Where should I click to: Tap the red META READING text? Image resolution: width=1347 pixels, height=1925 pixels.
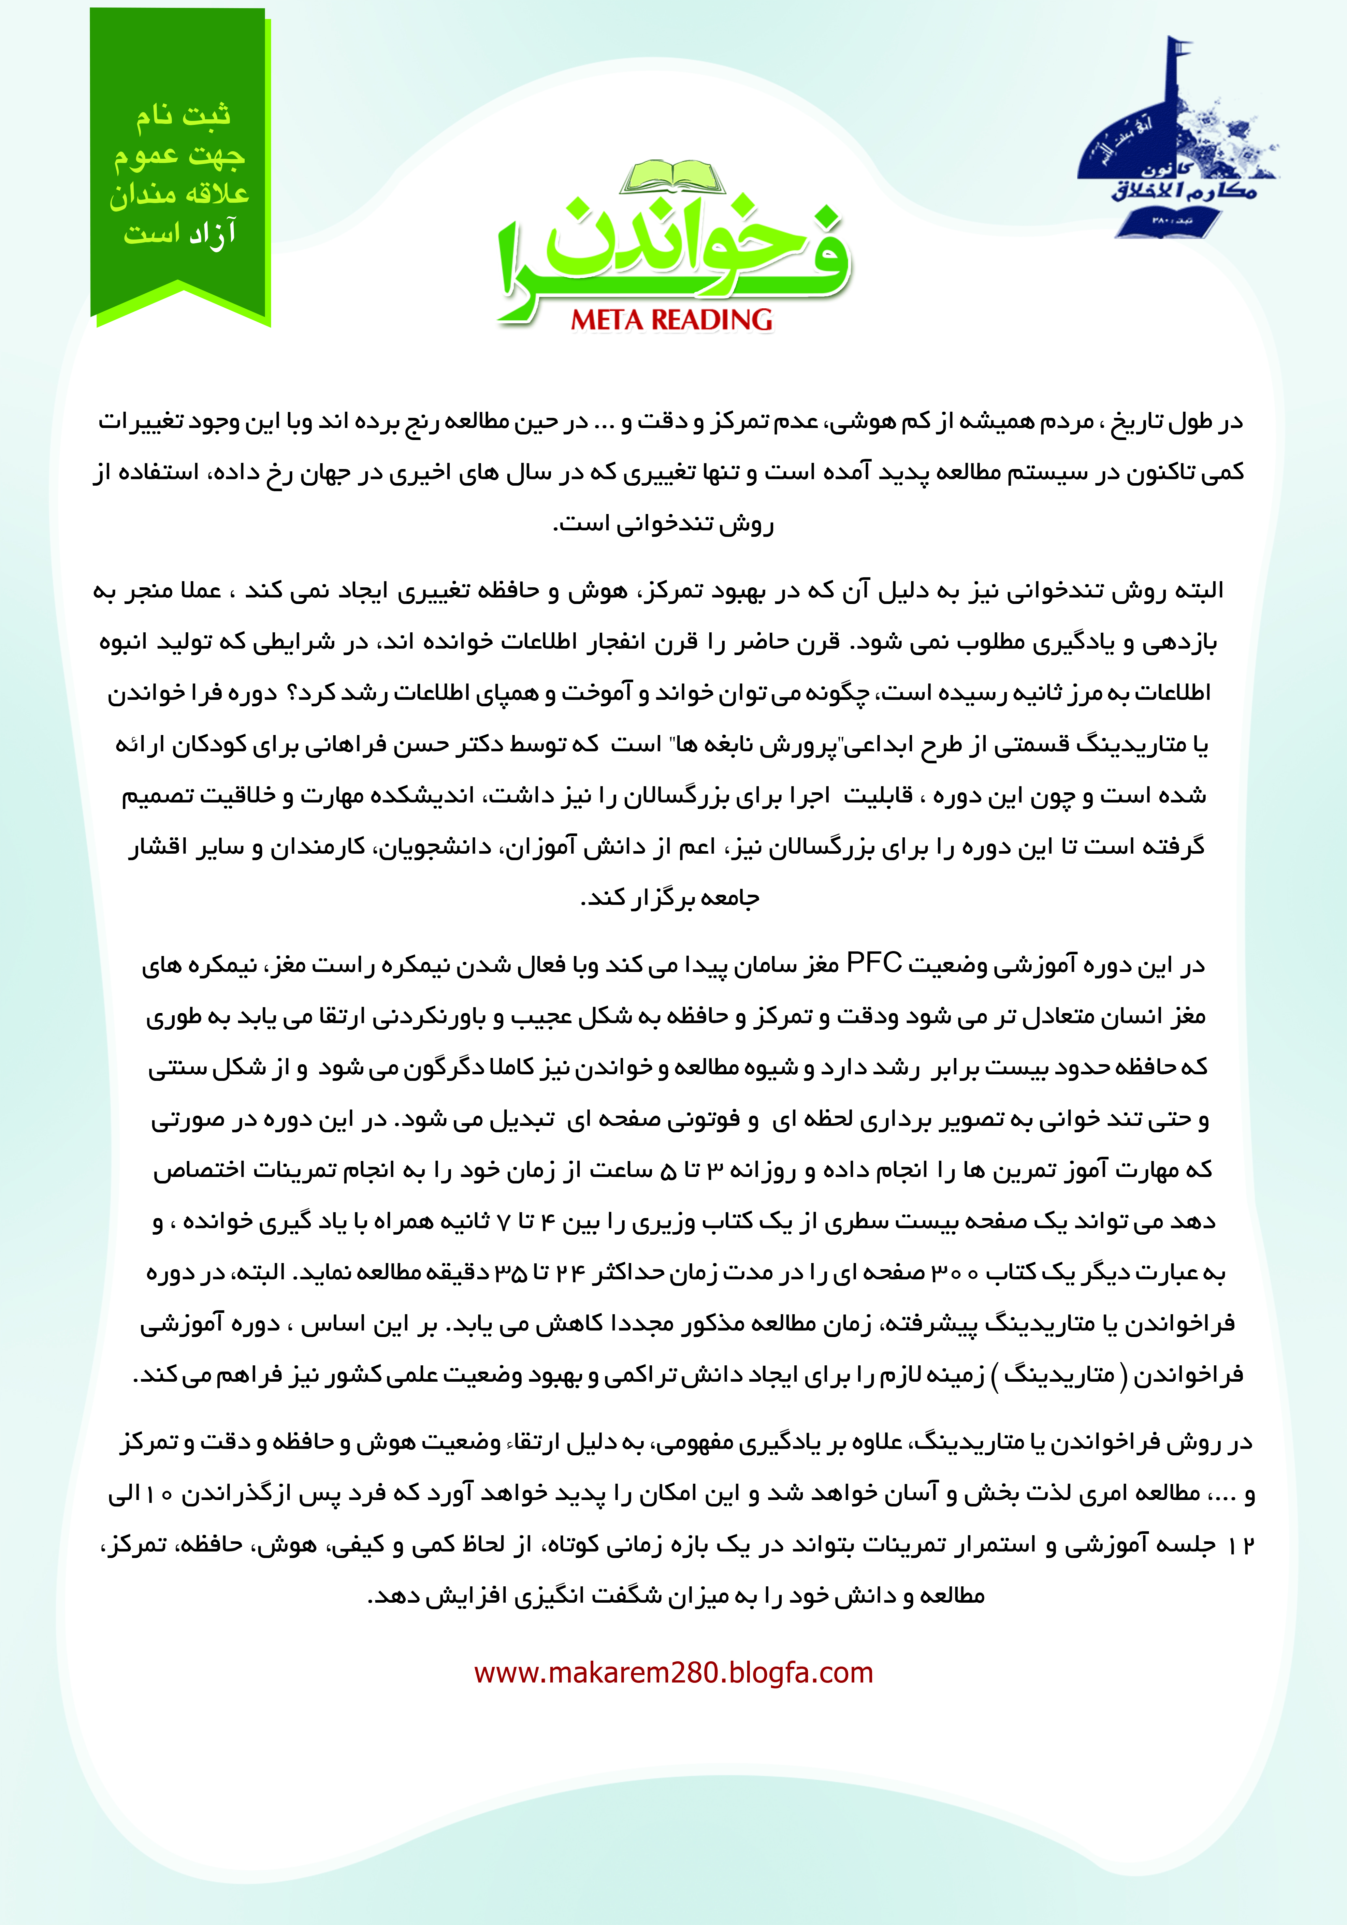tap(672, 319)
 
